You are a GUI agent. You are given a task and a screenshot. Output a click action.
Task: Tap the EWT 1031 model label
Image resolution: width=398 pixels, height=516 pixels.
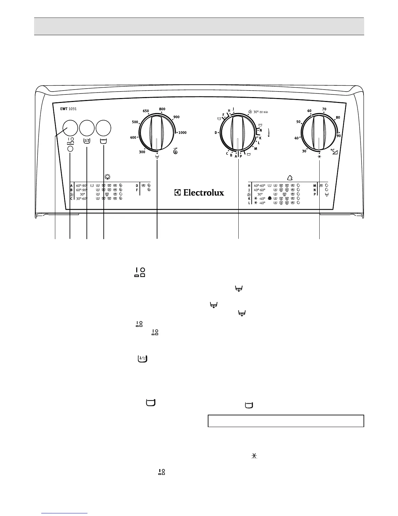point(68,109)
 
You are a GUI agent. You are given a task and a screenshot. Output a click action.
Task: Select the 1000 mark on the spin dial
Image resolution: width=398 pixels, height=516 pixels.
point(182,133)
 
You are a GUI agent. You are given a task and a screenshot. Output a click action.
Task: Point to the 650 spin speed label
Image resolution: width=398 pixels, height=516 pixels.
point(146,111)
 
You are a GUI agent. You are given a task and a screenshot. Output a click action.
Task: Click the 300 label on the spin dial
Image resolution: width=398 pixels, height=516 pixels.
point(142,152)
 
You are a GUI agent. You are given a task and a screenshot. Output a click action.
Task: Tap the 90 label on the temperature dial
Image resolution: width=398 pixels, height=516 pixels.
point(338,136)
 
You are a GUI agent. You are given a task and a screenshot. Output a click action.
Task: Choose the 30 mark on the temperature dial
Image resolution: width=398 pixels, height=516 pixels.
point(304,151)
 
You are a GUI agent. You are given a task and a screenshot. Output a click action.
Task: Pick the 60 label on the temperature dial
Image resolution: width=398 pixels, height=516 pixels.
point(309,111)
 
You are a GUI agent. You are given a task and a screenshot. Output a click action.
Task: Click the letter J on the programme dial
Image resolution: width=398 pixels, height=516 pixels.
point(233,109)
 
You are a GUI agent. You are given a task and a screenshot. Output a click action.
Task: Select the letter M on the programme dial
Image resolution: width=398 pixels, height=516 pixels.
point(256,149)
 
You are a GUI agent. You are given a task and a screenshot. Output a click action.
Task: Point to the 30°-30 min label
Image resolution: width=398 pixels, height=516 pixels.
point(260,112)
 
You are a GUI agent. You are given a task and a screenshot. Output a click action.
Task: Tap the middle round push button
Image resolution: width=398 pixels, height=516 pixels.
point(87,128)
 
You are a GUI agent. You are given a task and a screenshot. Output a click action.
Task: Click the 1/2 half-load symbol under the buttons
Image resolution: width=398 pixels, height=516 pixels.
point(87,141)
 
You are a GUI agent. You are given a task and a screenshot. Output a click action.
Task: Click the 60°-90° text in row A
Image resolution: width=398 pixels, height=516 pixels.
point(82,186)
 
